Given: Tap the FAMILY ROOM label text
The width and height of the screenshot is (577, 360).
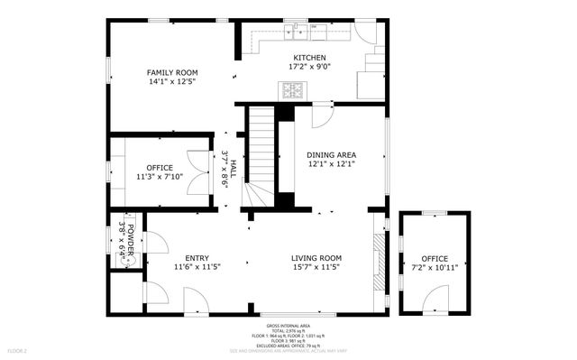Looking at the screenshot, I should pyautogui.click(x=172, y=72).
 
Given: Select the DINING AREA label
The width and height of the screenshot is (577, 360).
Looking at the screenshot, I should pyautogui.click(x=331, y=155).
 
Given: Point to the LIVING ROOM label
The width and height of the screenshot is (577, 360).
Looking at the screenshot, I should pyautogui.click(x=316, y=258).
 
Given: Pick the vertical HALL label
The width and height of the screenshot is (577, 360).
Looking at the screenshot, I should pyautogui.click(x=233, y=168).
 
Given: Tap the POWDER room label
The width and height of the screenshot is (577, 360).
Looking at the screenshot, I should pyautogui.click(x=131, y=241).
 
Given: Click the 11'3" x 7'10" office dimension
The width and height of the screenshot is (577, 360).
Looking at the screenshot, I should pyautogui.click(x=160, y=177).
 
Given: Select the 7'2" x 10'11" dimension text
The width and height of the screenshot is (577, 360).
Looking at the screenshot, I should pyautogui.click(x=435, y=267).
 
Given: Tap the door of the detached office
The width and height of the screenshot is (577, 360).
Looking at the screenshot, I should pyautogui.click(x=436, y=298).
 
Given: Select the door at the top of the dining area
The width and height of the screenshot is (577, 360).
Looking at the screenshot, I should pyautogui.click(x=322, y=115).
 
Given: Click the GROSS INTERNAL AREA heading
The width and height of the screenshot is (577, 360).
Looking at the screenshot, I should pyautogui.click(x=288, y=325).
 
